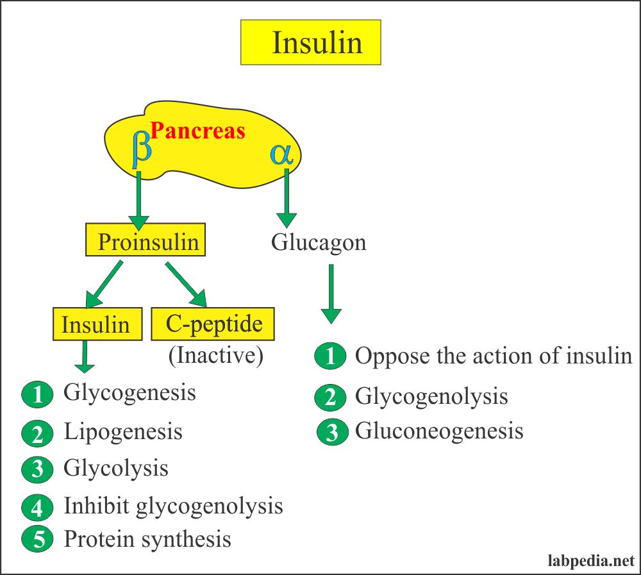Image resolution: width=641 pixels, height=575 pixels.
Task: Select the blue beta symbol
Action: [x=142, y=148]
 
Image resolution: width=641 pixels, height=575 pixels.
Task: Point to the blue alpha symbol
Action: [x=281, y=153]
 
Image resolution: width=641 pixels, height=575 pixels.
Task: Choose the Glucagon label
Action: [x=319, y=242]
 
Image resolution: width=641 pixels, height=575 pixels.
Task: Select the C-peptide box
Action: [x=213, y=324]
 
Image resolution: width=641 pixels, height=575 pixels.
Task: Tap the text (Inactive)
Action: [x=216, y=356]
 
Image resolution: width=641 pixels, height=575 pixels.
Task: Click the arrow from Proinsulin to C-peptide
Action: [x=186, y=283]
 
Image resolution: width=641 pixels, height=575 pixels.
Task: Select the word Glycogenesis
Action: [x=129, y=392]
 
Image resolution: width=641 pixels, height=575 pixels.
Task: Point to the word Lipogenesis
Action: [x=123, y=431]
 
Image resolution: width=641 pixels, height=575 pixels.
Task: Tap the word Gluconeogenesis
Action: [x=439, y=431]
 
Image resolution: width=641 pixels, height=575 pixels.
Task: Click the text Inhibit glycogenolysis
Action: [x=173, y=506]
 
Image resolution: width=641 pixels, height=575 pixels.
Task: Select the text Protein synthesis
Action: [x=147, y=538]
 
